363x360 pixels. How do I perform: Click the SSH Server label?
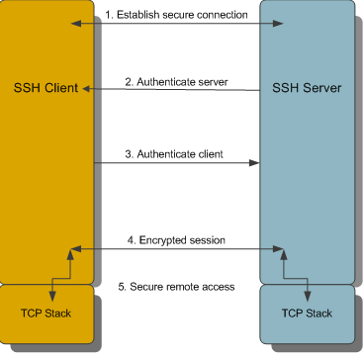click(x=308, y=87)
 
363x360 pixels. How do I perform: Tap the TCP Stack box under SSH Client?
click(x=47, y=313)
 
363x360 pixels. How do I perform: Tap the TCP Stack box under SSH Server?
click(x=309, y=313)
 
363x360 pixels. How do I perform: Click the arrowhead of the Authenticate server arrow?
click(x=87, y=90)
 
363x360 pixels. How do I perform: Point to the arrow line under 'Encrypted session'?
click(x=178, y=248)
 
